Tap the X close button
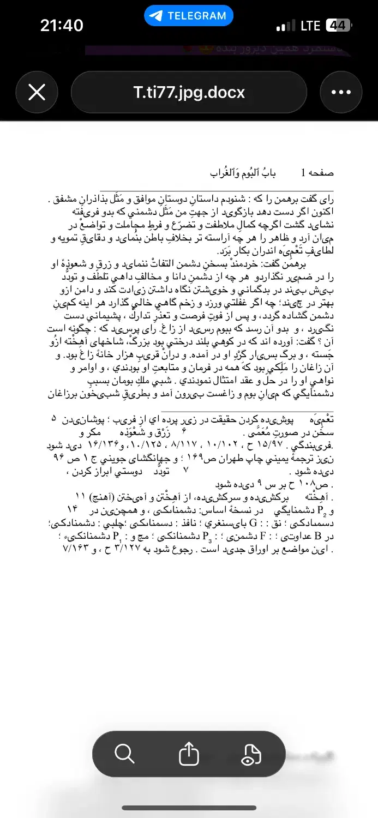[37, 92]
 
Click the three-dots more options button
[341, 92]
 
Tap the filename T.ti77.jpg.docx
[189, 92]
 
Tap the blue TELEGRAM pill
[189, 16]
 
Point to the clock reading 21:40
[62, 25]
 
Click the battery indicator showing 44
[338, 26]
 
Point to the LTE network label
[310, 26]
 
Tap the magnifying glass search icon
[124, 754]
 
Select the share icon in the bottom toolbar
[189, 754]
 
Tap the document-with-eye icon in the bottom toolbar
[253, 754]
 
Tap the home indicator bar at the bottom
[189, 808]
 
